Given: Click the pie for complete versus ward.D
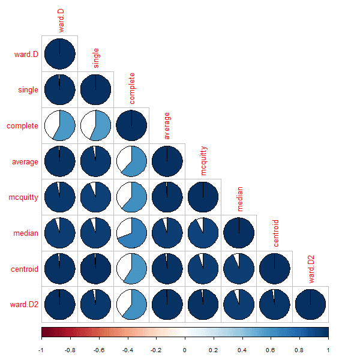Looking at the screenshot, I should (x=59, y=125).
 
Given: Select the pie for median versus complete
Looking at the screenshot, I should (x=131, y=233).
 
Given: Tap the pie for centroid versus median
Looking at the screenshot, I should (x=239, y=269).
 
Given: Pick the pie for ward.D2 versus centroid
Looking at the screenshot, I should (x=275, y=305).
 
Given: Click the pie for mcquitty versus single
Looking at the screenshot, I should (x=95, y=197).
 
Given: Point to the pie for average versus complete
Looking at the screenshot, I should (x=131, y=161).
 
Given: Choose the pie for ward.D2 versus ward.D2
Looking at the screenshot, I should (x=311, y=305).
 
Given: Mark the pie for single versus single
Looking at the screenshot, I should (x=95, y=89).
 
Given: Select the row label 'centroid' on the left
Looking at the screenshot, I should (x=25, y=269).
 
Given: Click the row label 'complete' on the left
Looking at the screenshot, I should (x=23, y=126).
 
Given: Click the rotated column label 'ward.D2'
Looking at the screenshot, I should (x=311, y=268).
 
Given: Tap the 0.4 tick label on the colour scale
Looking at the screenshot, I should (x=242, y=349).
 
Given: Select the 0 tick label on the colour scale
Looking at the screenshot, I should (x=185, y=349).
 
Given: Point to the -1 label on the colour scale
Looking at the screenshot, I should (x=41, y=349).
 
